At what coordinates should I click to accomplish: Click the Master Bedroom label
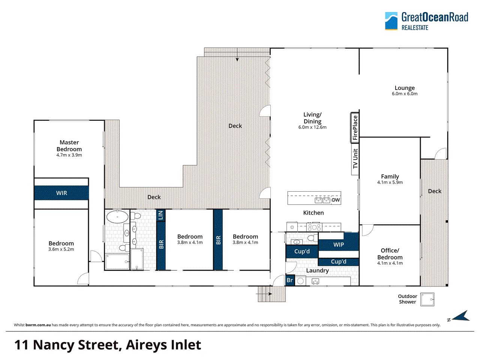69,145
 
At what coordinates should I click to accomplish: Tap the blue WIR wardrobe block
61,193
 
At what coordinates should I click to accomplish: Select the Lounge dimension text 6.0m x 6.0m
405,94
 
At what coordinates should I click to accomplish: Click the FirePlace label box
355,127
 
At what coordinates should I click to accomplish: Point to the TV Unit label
355,159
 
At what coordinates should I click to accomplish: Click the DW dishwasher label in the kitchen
336,200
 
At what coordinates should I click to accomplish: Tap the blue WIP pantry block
339,244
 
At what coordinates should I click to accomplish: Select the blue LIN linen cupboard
160,215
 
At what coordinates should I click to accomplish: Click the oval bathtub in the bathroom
117,216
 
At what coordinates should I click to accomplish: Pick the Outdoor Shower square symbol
427,299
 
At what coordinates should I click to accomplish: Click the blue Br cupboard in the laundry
289,280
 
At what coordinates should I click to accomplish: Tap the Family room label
390,176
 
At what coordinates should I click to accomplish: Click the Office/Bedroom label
390,254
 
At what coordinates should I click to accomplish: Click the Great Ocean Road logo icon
391,21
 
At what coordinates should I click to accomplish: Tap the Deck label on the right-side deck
435,191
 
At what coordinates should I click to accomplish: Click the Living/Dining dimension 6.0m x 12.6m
312,127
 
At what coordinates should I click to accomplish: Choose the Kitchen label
313,213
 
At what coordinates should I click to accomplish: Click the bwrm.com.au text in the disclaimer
38,325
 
